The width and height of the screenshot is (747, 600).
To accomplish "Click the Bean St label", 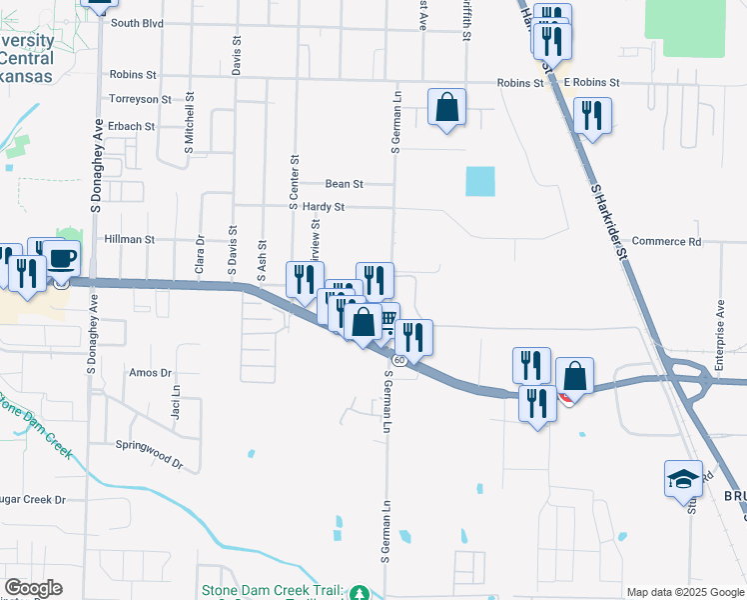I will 345,184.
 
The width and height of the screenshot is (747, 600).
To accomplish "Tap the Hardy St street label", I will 324,207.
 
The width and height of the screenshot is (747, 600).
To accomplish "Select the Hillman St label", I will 130,240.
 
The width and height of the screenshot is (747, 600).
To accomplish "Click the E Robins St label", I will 591,83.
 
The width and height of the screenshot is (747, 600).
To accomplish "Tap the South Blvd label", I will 137,22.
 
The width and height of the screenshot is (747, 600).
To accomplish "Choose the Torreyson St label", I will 141,99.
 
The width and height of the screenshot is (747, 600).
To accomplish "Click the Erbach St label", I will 133,127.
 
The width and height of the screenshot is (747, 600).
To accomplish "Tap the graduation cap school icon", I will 684,479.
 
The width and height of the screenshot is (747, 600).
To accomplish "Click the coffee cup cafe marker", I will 61,258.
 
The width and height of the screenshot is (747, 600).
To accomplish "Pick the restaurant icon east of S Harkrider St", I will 592,116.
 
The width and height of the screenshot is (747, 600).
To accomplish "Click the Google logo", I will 33,588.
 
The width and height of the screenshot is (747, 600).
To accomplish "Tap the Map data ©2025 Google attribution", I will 684,592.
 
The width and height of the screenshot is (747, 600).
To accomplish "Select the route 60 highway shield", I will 398,359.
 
